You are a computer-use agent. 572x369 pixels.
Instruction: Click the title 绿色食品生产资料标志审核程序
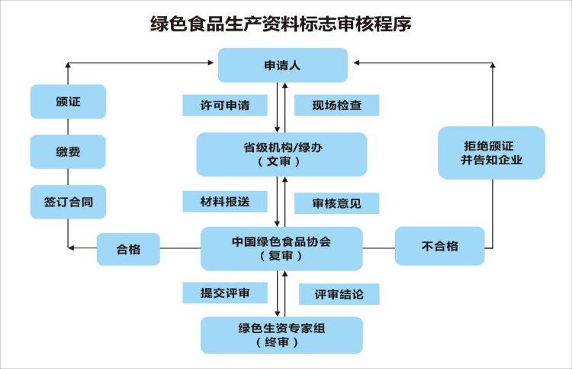[281, 24]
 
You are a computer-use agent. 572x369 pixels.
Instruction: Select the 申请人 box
[283, 65]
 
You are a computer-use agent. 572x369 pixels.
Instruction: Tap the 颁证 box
[68, 102]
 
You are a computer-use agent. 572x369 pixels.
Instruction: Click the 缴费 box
[68, 151]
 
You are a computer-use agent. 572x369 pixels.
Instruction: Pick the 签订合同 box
[68, 202]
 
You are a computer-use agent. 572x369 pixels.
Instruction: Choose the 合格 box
[128, 249]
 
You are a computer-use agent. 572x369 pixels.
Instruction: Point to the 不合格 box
[439, 246]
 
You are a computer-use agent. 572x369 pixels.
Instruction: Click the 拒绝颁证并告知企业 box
[491, 153]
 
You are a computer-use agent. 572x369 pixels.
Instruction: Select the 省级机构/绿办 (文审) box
[281, 154]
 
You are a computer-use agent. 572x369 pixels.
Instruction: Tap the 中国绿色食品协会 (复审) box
[281, 248]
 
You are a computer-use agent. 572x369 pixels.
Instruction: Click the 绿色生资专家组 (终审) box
[281, 335]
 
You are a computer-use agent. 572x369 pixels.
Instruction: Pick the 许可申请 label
[225, 105]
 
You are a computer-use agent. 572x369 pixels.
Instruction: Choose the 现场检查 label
[336, 105]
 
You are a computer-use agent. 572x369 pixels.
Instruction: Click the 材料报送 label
[225, 201]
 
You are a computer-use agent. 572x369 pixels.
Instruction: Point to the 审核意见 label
[336, 203]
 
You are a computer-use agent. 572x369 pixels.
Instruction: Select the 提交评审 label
[225, 293]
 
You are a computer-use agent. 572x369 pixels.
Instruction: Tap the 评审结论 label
[339, 294]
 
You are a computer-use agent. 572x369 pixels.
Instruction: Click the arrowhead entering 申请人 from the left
[210, 63]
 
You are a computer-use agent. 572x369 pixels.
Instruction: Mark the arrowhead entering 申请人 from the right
[357, 63]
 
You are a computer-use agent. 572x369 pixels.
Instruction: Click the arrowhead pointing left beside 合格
[71, 248]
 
